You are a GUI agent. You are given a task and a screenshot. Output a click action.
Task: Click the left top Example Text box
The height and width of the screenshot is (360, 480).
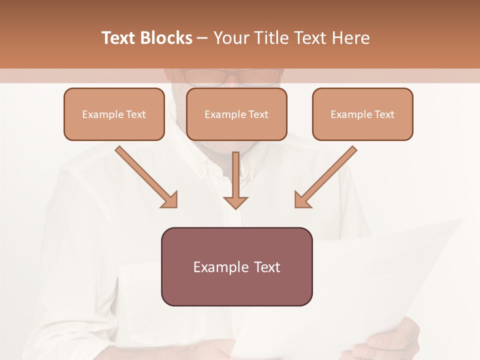pyautogui.click(x=114, y=114)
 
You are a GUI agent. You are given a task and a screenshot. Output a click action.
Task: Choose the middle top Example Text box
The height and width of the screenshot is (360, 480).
pyautogui.click(x=236, y=114)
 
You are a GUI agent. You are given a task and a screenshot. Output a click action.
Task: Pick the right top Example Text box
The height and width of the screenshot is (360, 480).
pyautogui.click(x=362, y=114)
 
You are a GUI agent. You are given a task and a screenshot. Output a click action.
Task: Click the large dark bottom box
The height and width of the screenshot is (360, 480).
pyautogui.click(x=236, y=266)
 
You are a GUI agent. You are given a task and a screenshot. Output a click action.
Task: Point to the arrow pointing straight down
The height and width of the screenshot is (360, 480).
pyautogui.click(x=235, y=180)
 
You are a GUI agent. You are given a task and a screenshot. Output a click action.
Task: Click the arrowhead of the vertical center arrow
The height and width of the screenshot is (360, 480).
pyautogui.click(x=235, y=202)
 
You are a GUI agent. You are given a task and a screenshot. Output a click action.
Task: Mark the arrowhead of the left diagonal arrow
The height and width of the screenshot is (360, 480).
pyautogui.click(x=170, y=200)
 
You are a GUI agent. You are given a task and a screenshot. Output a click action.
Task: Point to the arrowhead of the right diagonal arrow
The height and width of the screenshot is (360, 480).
pyautogui.click(x=302, y=200)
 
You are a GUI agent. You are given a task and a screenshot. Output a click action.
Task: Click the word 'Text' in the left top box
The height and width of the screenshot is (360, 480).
pyautogui.click(x=136, y=114)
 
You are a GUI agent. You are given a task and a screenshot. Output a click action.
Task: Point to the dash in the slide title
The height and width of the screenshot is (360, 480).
pyautogui.click(x=202, y=38)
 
